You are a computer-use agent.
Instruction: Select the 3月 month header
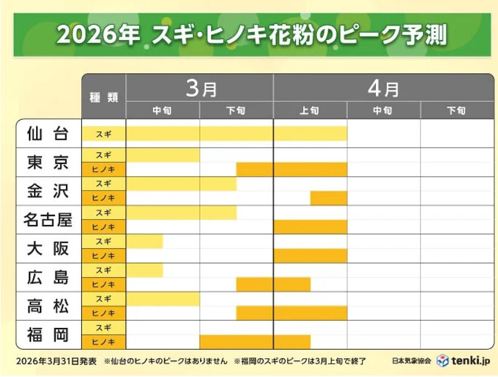(200, 88)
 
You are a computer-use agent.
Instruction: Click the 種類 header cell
(103, 97)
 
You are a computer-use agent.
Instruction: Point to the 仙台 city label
(48, 133)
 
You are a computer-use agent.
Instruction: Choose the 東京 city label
(48, 162)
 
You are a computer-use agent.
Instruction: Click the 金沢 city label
(48, 191)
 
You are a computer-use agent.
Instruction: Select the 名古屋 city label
(48, 219)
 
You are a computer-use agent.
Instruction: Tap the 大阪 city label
(48, 248)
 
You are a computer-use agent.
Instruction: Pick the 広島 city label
(48, 277)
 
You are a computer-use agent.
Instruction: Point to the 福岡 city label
(48, 335)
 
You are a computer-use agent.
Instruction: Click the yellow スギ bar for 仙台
(237, 133)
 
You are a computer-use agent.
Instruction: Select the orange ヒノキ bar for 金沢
(329, 198)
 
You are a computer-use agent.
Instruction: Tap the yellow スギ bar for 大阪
(145, 241)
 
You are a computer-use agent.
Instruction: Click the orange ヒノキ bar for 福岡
(255, 342)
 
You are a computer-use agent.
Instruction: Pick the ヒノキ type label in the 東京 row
(103, 169)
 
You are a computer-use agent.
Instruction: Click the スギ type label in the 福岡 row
(103, 328)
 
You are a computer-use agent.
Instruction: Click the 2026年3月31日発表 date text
(57, 361)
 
